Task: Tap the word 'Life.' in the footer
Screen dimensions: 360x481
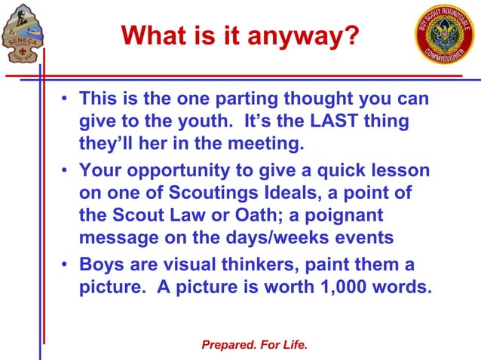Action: (x=293, y=345)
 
